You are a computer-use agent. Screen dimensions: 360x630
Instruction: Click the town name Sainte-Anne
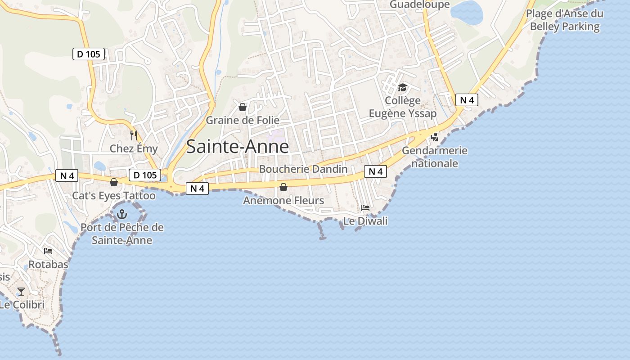click(237, 147)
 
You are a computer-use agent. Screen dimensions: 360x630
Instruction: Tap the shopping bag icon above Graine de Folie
click(243, 107)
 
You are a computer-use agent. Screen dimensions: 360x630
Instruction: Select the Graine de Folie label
click(243, 120)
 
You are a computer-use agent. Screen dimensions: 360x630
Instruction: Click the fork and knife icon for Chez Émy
click(133, 135)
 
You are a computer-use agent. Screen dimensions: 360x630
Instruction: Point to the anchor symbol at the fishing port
click(122, 214)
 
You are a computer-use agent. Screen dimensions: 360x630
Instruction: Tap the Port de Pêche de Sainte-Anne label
click(122, 234)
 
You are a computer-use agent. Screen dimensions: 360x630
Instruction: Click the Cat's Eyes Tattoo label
click(114, 196)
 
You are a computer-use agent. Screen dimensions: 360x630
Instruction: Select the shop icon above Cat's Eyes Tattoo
click(114, 182)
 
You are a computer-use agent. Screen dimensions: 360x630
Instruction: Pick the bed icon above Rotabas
click(48, 251)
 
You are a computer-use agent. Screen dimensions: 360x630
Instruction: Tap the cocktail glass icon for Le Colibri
click(21, 292)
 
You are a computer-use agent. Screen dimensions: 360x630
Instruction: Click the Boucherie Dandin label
click(303, 169)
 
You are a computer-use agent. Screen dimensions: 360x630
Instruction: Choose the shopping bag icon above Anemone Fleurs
click(283, 187)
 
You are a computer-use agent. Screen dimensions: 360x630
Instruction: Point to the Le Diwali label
click(365, 221)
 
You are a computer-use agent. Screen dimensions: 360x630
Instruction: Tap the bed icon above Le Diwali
click(365, 208)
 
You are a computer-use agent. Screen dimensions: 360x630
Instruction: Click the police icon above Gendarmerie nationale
click(435, 137)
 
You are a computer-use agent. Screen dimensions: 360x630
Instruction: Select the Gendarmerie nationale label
click(435, 157)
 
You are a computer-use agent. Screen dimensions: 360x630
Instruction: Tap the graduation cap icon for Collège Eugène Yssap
click(402, 87)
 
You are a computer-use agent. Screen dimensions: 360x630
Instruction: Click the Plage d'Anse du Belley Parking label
click(565, 20)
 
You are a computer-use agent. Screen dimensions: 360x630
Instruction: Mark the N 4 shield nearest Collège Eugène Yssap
click(466, 100)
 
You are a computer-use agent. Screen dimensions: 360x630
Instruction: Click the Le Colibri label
click(22, 305)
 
